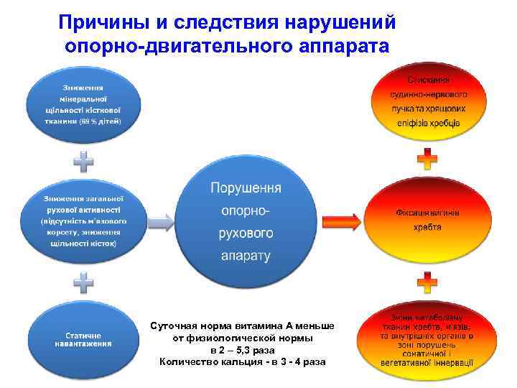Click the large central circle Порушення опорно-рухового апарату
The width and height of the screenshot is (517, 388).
point(246,222)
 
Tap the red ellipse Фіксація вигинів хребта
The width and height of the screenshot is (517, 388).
point(427,220)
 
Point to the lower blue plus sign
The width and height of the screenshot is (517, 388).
point(84,282)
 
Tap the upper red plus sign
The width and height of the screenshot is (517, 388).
point(427,162)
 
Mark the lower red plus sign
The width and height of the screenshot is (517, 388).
point(427,282)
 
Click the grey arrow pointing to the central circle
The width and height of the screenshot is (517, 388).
point(162,222)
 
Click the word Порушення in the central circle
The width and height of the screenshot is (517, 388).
point(246,188)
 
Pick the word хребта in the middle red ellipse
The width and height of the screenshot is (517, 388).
point(427,227)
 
